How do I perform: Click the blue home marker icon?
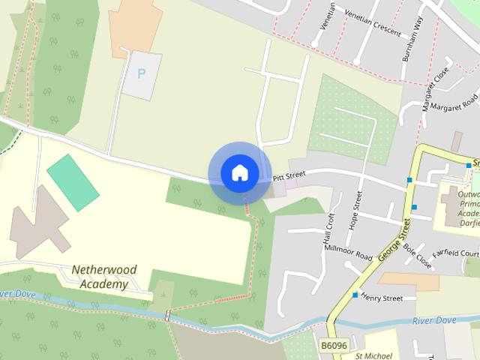[x=239, y=172]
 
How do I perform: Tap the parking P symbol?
[x=141, y=73]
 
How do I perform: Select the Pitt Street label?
[x=289, y=177]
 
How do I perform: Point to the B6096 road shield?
[x=334, y=345]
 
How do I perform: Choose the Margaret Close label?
[x=435, y=88]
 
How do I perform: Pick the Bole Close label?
[x=417, y=256]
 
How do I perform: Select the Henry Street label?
[x=382, y=298]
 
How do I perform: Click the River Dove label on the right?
[x=434, y=320]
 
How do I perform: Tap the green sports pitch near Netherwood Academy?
[x=73, y=182]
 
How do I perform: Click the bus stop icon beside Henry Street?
[x=355, y=295]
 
